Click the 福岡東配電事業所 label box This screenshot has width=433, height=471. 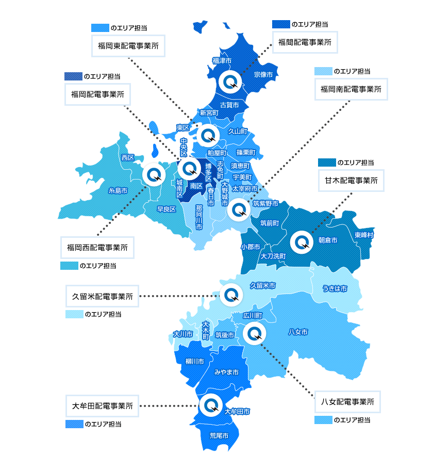[x=128, y=46]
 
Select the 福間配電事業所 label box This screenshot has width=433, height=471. [x=305, y=42]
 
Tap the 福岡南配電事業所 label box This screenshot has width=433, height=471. [x=351, y=89]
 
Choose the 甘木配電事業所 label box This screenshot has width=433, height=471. [x=351, y=181]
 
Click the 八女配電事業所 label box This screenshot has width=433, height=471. [x=347, y=401]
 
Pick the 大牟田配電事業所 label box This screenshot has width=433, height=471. [x=103, y=406]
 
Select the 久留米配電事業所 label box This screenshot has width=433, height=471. [x=103, y=296]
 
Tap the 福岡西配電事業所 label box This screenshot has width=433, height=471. [x=97, y=248]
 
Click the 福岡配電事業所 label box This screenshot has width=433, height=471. [x=97, y=94]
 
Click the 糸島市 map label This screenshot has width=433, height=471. [x=118, y=190]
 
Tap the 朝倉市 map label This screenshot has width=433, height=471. [x=327, y=240]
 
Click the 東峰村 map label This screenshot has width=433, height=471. [x=364, y=235]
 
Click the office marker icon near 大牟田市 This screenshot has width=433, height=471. [x=210, y=404]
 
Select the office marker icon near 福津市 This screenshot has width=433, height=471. [x=228, y=81]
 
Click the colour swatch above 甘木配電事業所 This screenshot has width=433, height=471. [x=327, y=163]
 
